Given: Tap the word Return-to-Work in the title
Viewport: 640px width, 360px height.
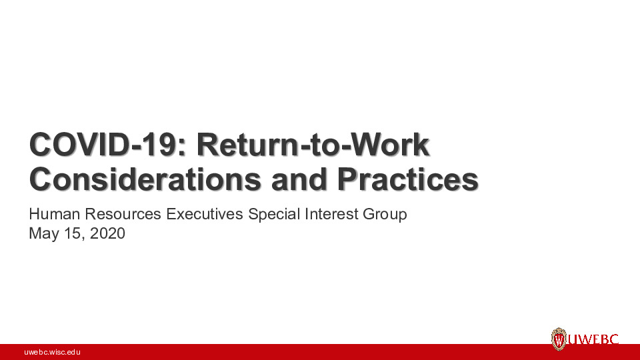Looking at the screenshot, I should point(307,145).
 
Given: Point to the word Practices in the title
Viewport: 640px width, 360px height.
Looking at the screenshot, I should point(407,179).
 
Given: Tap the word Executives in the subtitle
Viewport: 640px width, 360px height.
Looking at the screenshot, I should point(206,215).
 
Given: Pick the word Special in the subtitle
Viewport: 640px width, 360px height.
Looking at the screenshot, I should point(273,215).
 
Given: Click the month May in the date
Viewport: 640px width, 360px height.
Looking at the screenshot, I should point(42,234).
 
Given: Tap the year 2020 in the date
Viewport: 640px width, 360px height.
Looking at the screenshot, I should point(107,234).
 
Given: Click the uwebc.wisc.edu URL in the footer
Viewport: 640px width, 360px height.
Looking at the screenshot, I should point(52,351).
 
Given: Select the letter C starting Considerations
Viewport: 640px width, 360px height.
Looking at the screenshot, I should point(41,179).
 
